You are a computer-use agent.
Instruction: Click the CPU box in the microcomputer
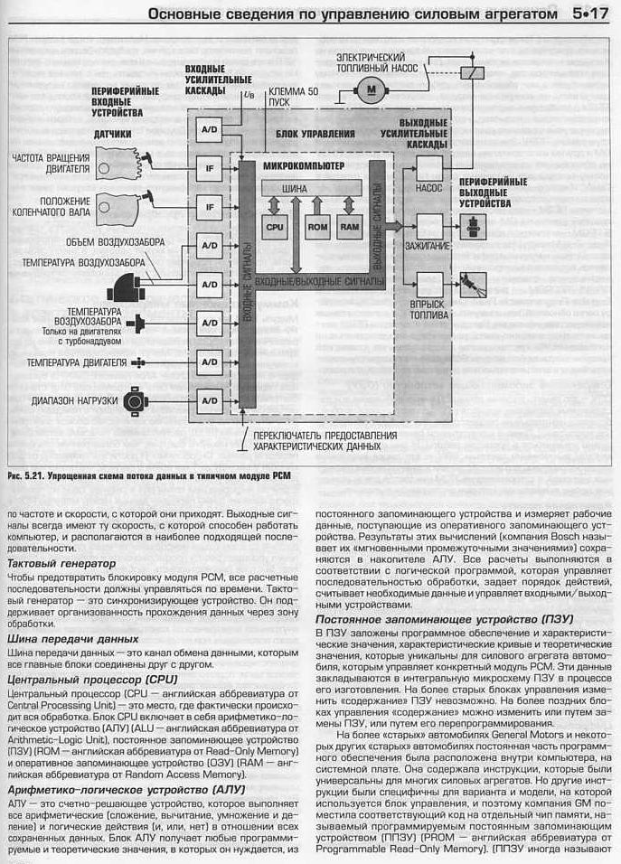[274, 228]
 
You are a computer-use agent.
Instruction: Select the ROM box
[317, 228]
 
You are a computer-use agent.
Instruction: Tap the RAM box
[350, 228]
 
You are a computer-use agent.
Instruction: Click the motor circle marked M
[369, 89]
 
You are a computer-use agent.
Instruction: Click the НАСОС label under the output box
[428, 190]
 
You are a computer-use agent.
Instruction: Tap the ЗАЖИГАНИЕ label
[429, 244]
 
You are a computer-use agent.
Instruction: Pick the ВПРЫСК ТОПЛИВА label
[429, 310]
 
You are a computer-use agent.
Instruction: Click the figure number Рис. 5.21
[24, 474]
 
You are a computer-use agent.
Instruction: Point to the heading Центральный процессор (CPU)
[92, 678]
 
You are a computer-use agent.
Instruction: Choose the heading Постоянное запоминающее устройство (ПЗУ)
[437, 619]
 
